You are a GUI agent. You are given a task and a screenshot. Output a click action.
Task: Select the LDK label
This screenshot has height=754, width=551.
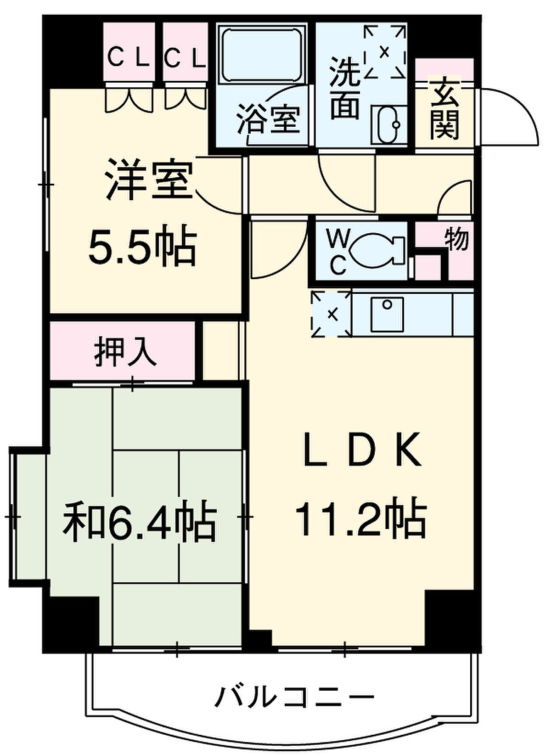[x=362, y=450]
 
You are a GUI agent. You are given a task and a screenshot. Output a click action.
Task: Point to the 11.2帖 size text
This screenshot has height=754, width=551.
[x=361, y=519]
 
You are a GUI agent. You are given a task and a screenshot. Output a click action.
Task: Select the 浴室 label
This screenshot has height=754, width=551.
[x=268, y=118]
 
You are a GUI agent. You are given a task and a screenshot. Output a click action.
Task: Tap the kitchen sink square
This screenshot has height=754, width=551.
[x=387, y=315]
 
